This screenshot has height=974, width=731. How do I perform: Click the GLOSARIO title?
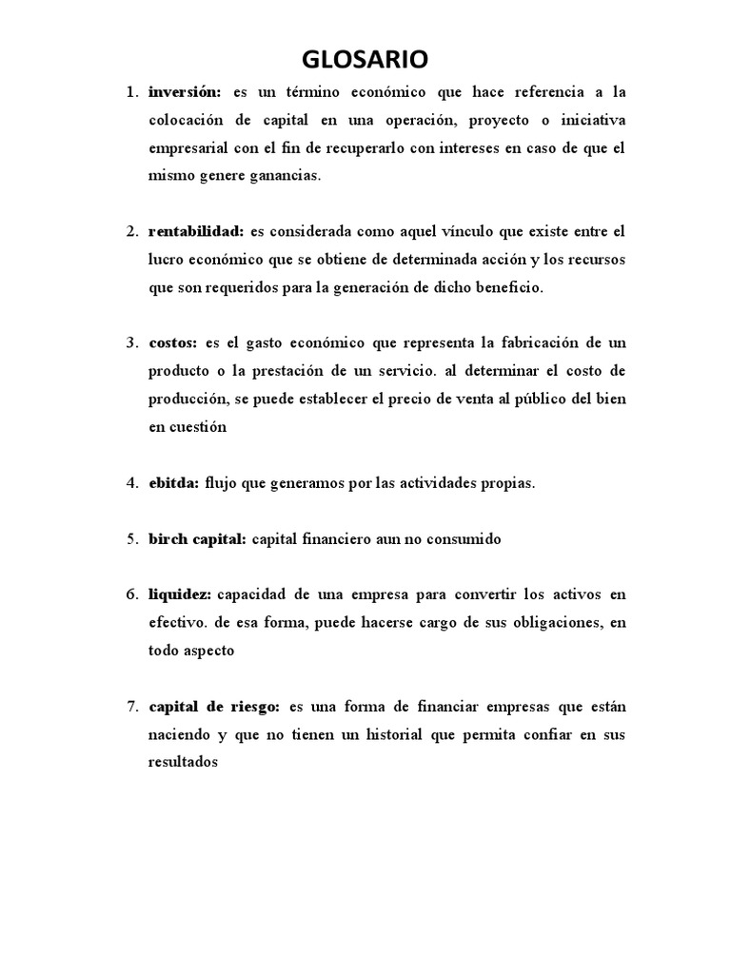coord(365,60)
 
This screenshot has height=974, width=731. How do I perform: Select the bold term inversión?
coord(185,92)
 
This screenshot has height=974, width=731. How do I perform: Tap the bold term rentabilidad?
coord(196,231)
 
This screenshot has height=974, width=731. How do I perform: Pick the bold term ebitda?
coord(174,483)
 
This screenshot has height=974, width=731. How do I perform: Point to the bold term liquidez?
coord(181,595)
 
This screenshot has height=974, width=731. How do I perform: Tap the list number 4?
coord(132,483)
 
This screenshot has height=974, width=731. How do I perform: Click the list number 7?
coord(132,707)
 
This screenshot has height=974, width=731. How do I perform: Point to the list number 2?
coord(132,231)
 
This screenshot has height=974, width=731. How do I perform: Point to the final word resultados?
coord(185,763)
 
